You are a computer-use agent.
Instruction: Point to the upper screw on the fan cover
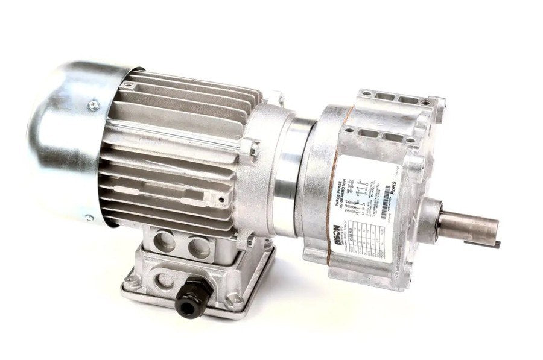pos(93,106)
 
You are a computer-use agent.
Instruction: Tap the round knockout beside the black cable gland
pos(164,280)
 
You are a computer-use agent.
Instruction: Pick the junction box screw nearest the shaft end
pos(237,300)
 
